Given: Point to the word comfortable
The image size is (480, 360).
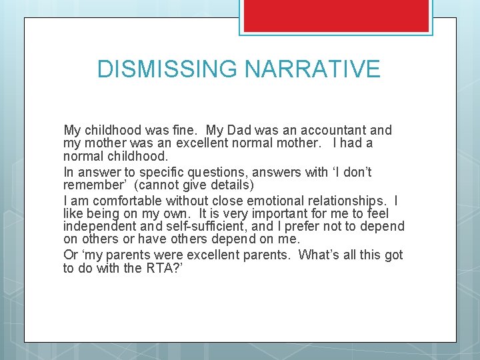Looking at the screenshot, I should [125, 200].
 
